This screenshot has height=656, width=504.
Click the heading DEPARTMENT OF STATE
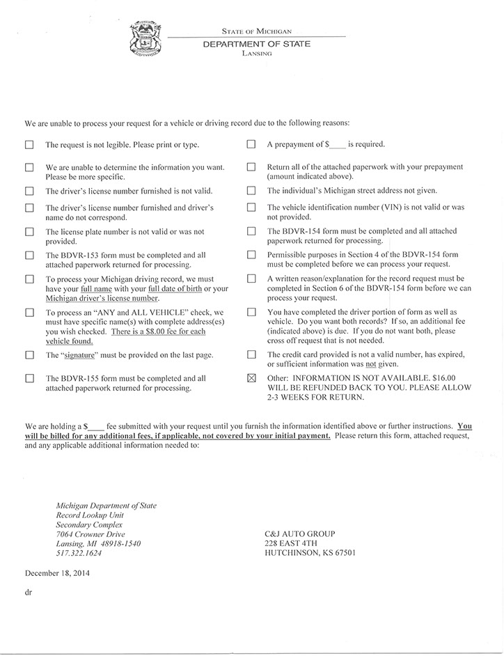[256, 43]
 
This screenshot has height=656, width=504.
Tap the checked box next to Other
[251, 378]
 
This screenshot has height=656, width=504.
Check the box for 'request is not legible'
[29, 146]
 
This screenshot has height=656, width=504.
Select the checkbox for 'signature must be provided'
[29, 355]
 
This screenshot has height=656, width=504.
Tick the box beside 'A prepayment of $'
[251, 145]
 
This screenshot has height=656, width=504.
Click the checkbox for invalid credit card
[251, 355]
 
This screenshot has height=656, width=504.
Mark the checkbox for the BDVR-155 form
[29, 378]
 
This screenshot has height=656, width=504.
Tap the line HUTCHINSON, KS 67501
[310, 553]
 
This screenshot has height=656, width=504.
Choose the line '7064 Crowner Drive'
[91, 533]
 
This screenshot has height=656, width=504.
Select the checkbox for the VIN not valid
[251, 208]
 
